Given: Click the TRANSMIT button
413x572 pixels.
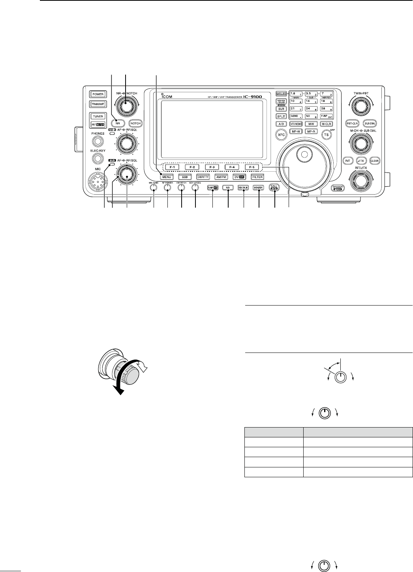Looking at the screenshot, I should [98, 103].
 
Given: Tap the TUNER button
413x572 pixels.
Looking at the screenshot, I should [98, 117].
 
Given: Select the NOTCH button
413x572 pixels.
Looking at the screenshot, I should [135, 123].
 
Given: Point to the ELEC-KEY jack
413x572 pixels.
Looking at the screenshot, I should [98, 158].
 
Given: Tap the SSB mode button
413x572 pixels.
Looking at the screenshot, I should [184, 177].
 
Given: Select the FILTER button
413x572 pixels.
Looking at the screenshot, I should [257, 177].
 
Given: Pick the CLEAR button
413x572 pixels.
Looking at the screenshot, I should [374, 161].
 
